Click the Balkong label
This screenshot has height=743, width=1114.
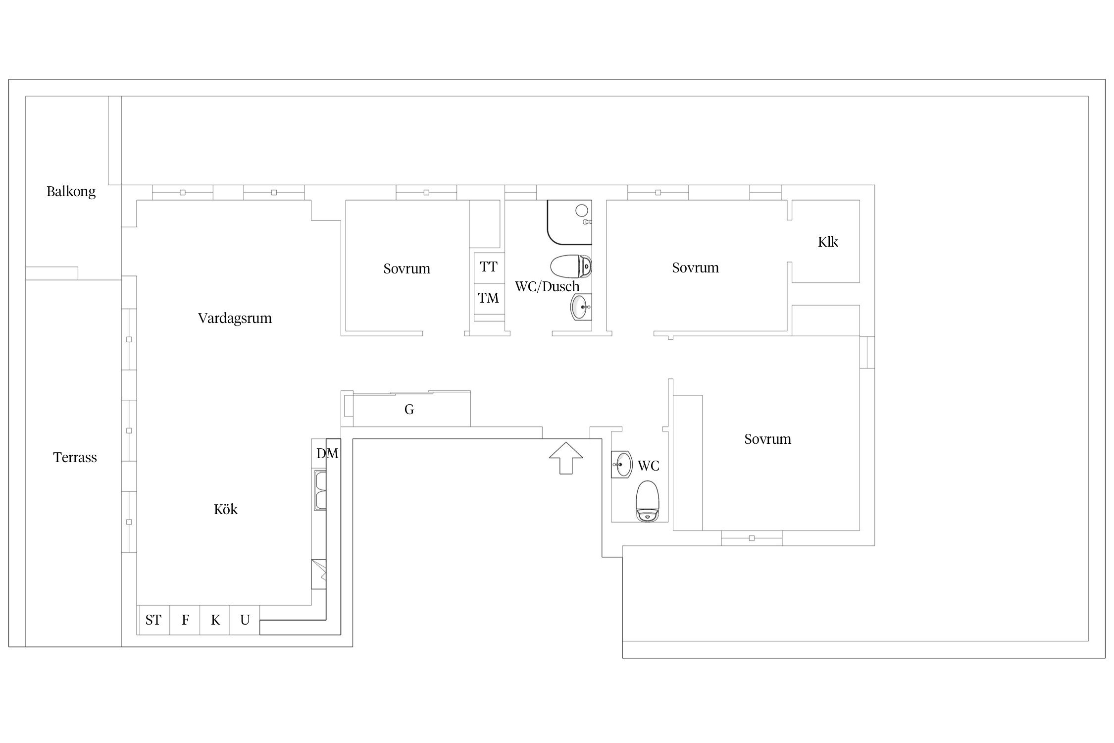(x=71, y=192)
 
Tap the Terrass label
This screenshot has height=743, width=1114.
(x=75, y=457)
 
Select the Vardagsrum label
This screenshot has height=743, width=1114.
(x=235, y=318)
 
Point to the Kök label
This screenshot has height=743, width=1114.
(x=226, y=509)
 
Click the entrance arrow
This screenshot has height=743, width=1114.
(x=566, y=458)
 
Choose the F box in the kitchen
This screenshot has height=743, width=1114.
(x=185, y=620)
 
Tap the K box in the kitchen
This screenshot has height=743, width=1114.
(x=215, y=620)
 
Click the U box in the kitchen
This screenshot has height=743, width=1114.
(x=245, y=620)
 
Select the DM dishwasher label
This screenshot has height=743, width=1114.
(x=327, y=453)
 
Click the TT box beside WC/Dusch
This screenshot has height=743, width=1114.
(x=489, y=267)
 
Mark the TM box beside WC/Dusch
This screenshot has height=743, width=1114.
(x=489, y=298)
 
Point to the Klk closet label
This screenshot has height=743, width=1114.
(x=828, y=242)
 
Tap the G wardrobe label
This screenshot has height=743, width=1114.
(x=409, y=409)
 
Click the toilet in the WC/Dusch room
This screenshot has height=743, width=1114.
(x=571, y=266)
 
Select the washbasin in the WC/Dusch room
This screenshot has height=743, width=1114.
(x=581, y=307)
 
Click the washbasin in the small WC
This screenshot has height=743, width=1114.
(x=622, y=465)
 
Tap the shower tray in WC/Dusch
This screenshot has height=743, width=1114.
(x=569, y=222)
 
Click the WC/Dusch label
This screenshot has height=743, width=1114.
(x=547, y=286)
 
